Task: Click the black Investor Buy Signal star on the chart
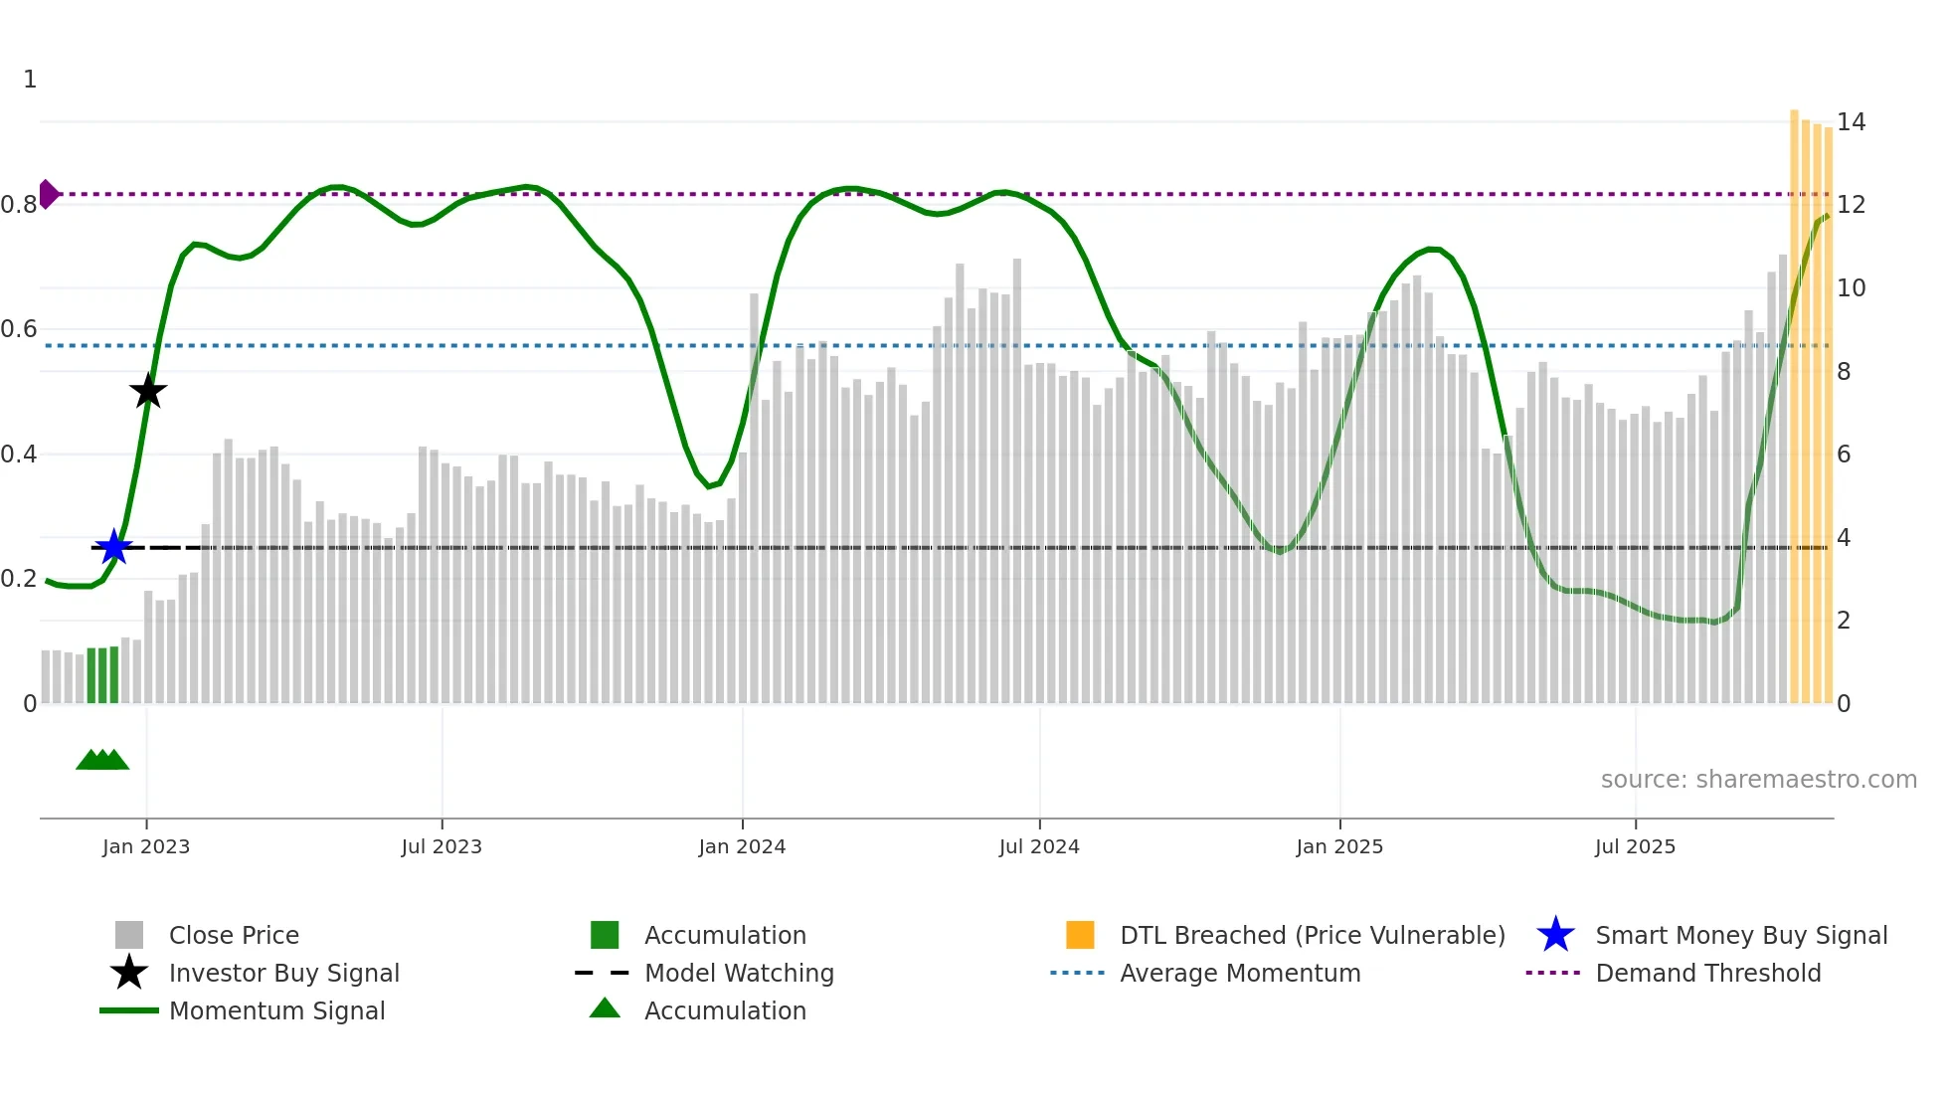click(x=148, y=391)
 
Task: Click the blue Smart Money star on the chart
click(x=113, y=547)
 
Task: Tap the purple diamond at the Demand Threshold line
click(x=48, y=194)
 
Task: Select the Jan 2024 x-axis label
click(x=742, y=846)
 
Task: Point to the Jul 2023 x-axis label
click(x=442, y=846)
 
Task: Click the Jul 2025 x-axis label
click(x=1635, y=846)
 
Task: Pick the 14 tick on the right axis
click(x=1851, y=122)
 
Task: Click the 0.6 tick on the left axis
click(x=20, y=329)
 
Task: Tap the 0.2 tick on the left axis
click(x=20, y=579)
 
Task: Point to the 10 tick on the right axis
click(x=1851, y=288)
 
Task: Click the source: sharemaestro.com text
click(x=1758, y=780)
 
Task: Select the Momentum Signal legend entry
click(x=276, y=1010)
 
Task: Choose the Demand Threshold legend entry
click(x=1707, y=973)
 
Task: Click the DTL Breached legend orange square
click(x=1080, y=935)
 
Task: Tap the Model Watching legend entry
click(x=738, y=973)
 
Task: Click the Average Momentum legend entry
click(x=1239, y=973)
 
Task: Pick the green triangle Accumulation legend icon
click(x=605, y=1008)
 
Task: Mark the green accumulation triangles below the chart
click(x=102, y=760)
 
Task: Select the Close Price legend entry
click(x=233, y=935)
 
